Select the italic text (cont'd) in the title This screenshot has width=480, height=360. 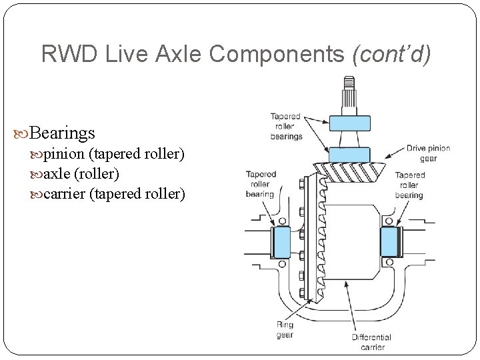coord(394,54)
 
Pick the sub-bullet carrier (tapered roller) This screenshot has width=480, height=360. coord(114,194)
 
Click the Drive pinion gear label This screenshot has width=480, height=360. coord(429,153)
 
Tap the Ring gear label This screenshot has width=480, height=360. coord(285,330)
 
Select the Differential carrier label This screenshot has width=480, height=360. coord(371,342)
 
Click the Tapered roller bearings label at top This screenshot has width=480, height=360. coord(286,126)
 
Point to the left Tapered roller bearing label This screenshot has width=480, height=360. coord(260,185)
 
